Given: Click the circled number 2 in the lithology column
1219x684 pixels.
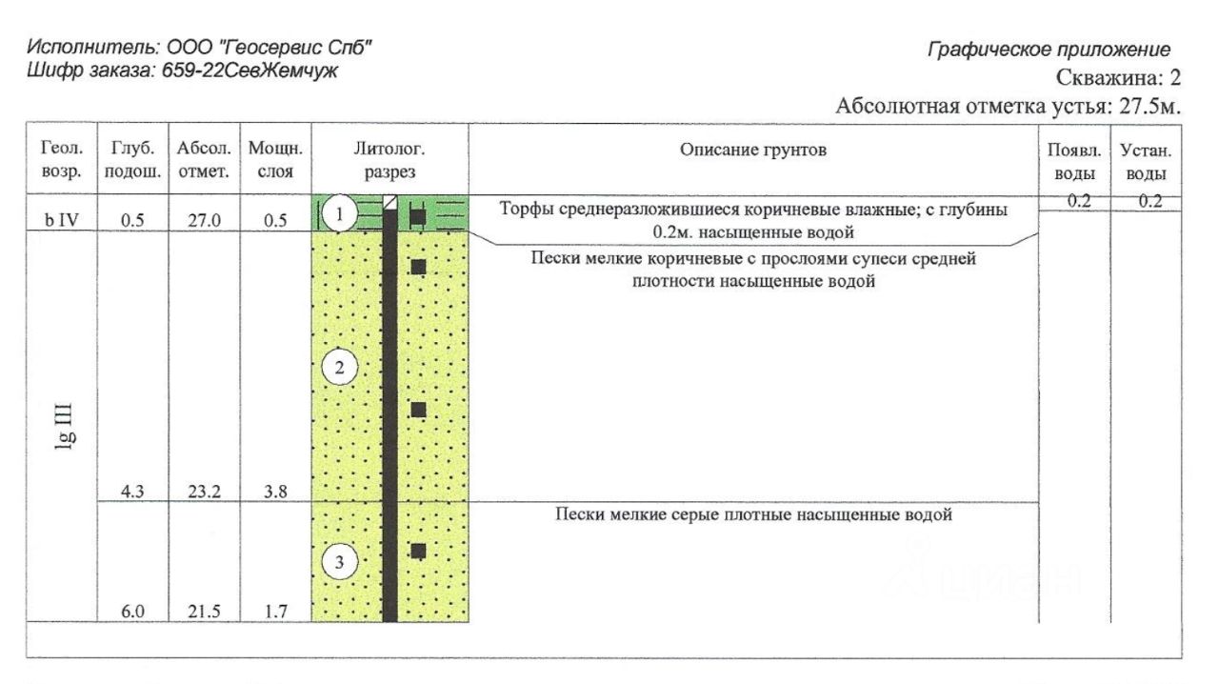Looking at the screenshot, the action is pos(339,367).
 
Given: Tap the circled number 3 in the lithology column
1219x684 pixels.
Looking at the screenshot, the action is pos(339,562).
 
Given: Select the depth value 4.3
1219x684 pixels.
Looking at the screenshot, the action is pos(132,492).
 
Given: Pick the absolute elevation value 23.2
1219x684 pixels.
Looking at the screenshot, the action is pos(204,492).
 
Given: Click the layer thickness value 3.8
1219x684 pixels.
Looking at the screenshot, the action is pos(275,492).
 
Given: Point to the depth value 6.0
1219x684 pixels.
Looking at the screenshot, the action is pos(132,613).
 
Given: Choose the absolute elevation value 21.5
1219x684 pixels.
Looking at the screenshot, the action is pos(204,613).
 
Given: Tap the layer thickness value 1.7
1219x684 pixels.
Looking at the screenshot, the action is pos(275,613).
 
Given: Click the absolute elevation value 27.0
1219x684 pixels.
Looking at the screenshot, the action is pos(204,220).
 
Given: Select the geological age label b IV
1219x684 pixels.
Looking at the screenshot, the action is pos(62,220).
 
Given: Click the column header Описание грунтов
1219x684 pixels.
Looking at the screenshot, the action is pos(753,151).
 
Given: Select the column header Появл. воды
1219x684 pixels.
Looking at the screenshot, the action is pos(1074,161).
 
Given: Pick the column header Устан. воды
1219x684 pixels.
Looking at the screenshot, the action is pos(1147,161).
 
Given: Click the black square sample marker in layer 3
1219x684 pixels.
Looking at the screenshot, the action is pos(417,551).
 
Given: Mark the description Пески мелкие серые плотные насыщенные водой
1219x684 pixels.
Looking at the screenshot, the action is pos(753,515).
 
